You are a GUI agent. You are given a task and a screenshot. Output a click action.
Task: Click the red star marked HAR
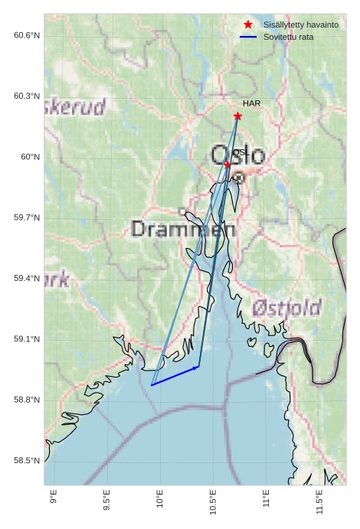pos(237,116)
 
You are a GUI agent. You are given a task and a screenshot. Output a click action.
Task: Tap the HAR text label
pos(252,103)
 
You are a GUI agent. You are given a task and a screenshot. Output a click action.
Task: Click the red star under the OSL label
pos(227,164)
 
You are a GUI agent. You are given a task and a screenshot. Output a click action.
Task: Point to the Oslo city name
pos(237,156)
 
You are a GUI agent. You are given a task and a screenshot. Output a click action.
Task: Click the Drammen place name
pos(183,228)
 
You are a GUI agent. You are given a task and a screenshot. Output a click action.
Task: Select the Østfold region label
pos(286,309)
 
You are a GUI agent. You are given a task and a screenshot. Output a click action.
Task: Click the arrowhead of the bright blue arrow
pos(198,367)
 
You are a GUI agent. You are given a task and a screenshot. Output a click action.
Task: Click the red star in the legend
pos(248,25)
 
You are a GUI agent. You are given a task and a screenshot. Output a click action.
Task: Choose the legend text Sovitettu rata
pos(288,37)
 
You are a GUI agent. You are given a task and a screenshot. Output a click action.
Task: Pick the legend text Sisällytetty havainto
pos(301,25)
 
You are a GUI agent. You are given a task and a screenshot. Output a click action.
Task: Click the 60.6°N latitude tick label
pos(27,35)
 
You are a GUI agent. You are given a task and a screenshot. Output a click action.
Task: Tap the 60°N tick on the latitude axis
pos(31,157)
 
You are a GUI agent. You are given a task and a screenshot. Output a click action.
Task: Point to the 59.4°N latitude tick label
pos(27,279)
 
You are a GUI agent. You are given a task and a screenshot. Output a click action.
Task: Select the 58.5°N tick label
pos(27,461)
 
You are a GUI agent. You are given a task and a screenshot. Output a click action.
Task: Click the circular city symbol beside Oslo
pos(239,177)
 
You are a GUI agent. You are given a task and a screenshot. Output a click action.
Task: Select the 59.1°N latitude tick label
pos(27,339)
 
